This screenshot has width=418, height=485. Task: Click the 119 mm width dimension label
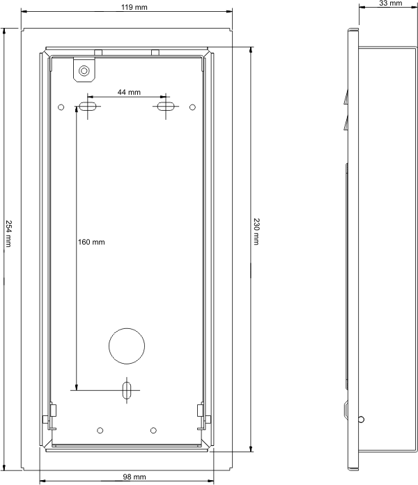click(134, 7)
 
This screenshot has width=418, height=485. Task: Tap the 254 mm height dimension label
click(8, 233)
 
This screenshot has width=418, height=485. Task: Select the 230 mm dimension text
click(256, 231)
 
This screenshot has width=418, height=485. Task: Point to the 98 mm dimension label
click(134, 477)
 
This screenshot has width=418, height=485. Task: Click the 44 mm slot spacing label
click(129, 92)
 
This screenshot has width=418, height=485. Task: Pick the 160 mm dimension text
click(91, 242)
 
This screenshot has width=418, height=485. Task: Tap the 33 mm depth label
click(391, 3)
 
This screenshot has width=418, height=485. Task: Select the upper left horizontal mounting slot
click(88, 107)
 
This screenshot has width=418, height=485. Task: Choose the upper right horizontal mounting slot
click(166, 107)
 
